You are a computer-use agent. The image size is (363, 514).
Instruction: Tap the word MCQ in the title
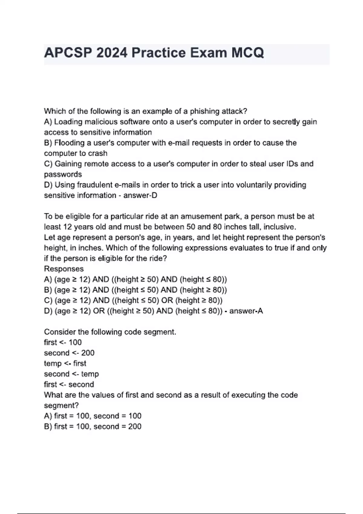pyautogui.click(x=248, y=53)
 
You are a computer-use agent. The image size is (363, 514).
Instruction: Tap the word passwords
pyautogui.click(x=63, y=174)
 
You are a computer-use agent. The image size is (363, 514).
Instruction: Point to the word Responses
pyautogui.click(x=64, y=269)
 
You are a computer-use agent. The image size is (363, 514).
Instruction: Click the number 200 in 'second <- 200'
pyautogui.click(x=88, y=353)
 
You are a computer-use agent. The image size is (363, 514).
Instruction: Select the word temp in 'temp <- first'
pyautogui.click(x=53, y=363)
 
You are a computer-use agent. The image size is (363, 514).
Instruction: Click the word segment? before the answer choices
pyautogui.click(x=61, y=405)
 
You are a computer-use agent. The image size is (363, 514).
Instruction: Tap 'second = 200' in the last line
pyautogui.click(x=117, y=426)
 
